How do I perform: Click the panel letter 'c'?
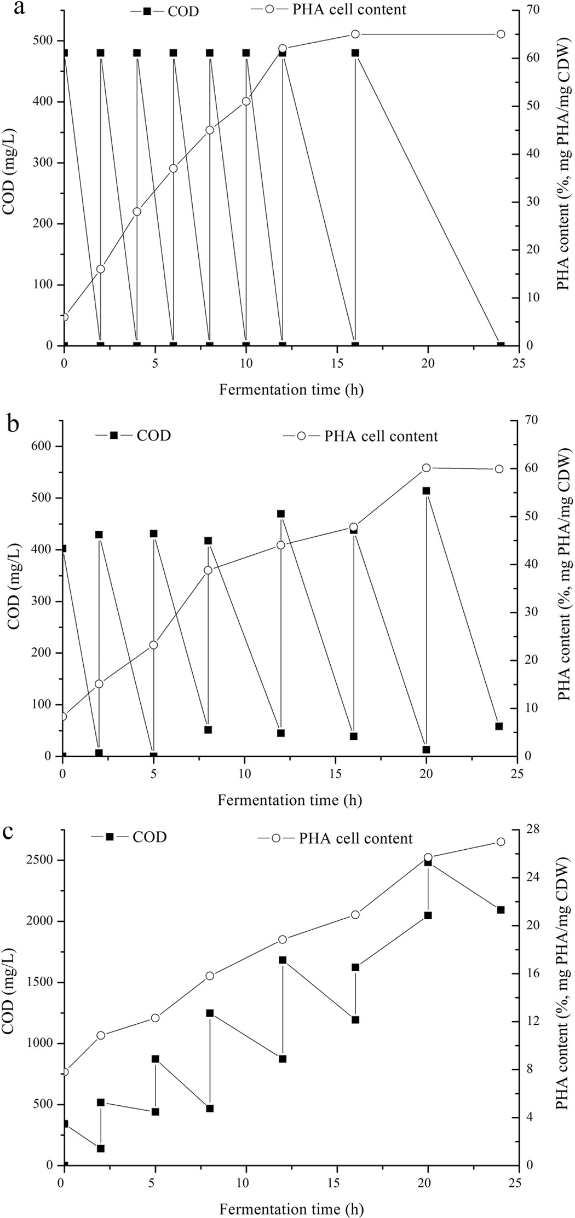[9, 833]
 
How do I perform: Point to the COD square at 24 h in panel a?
[501, 345]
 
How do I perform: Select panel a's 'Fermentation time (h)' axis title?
[291, 390]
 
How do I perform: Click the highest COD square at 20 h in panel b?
[427, 491]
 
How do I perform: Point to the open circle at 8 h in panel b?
[208, 570]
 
